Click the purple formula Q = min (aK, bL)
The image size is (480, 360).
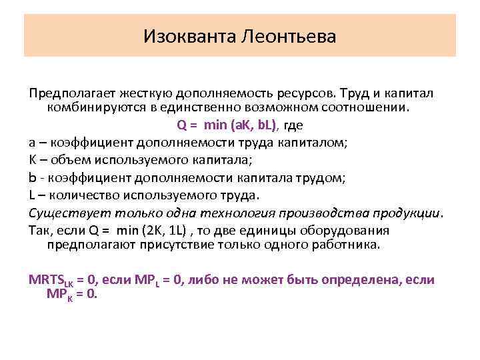[x=230, y=125]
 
